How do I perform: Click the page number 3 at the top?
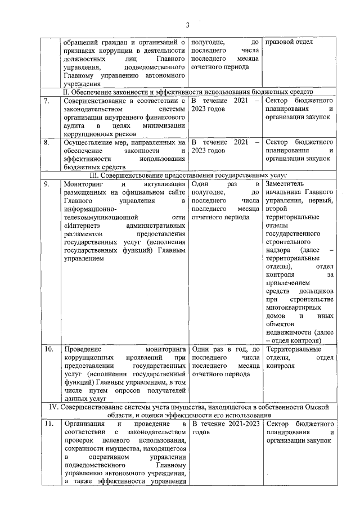click(188, 24)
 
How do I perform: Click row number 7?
click(47, 101)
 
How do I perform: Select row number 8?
click(47, 143)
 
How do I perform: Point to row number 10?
click(49, 350)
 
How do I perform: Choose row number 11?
click(49, 423)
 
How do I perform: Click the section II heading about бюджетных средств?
click(188, 92)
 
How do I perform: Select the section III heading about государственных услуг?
click(188, 175)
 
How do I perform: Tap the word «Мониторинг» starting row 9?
click(84, 184)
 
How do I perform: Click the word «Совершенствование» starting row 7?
click(97, 101)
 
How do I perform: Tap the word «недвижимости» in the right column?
click(288, 332)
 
